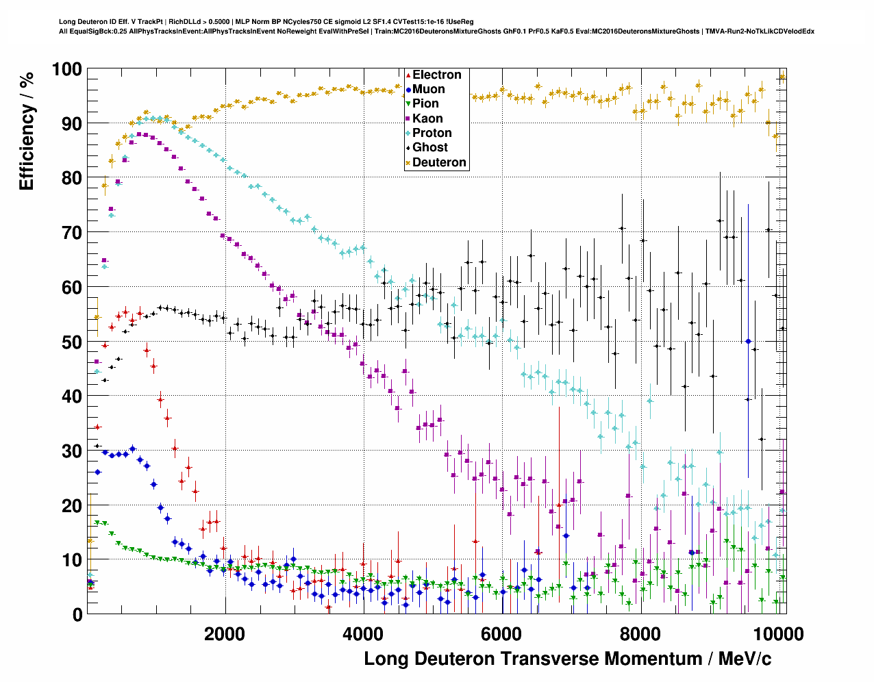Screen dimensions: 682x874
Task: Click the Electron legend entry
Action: [x=436, y=75]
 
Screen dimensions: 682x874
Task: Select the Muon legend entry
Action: [x=428, y=89]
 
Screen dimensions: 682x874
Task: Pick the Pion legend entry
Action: [x=425, y=103]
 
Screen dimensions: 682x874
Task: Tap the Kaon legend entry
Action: [x=427, y=118]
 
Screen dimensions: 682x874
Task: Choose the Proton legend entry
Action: [x=432, y=133]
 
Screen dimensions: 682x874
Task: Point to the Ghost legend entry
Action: [x=429, y=147]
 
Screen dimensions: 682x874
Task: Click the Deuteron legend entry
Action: [x=438, y=162]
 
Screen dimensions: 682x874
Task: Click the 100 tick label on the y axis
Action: [x=66, y=69]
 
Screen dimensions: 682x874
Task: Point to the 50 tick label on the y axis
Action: [x=72, y=342]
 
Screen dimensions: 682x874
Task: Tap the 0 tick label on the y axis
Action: [x=77, y=615]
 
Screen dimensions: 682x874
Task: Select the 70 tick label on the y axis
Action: [x=72, y=233]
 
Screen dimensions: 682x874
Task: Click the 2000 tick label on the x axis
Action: [x=225, y=633]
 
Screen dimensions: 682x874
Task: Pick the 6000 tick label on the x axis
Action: [x=502, y=633]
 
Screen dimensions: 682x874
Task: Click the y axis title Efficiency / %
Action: [x=27, y=131]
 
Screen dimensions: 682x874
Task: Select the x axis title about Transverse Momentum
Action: [x=567, y=659]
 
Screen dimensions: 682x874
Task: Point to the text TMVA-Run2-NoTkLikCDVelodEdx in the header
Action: [x=760, y=31]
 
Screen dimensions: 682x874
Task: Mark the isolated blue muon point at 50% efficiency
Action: [x=749, y=341]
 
